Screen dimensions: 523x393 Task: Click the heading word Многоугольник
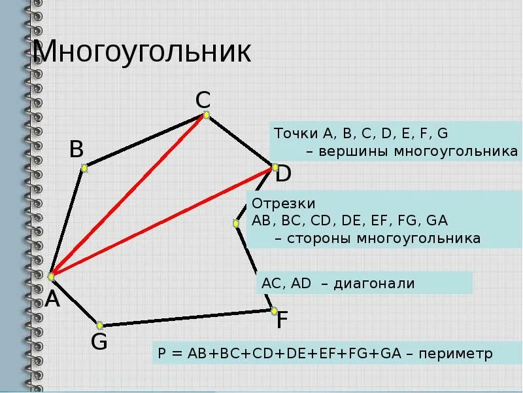tap(143, 52)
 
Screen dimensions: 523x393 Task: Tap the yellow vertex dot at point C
tap(206, 115)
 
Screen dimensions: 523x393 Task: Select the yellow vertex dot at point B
tap(84, 168)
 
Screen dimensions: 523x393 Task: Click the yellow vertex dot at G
tap(100, 325)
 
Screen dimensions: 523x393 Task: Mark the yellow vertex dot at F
tap(274, 310)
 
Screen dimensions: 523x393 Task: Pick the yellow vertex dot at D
tap(273, 168)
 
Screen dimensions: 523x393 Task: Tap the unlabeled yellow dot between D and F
tap(236, 223)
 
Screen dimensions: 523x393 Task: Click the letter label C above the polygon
tap(203, 100)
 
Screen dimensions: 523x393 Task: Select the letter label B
tap(76, 150)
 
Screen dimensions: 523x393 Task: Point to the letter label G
tap(99, 341)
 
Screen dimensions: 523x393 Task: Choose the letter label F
tap(282, 321)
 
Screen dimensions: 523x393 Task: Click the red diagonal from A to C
tap(129, 196)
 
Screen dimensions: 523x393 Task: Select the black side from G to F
tap(187, 318)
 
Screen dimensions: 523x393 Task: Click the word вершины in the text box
tap(349, 152)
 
